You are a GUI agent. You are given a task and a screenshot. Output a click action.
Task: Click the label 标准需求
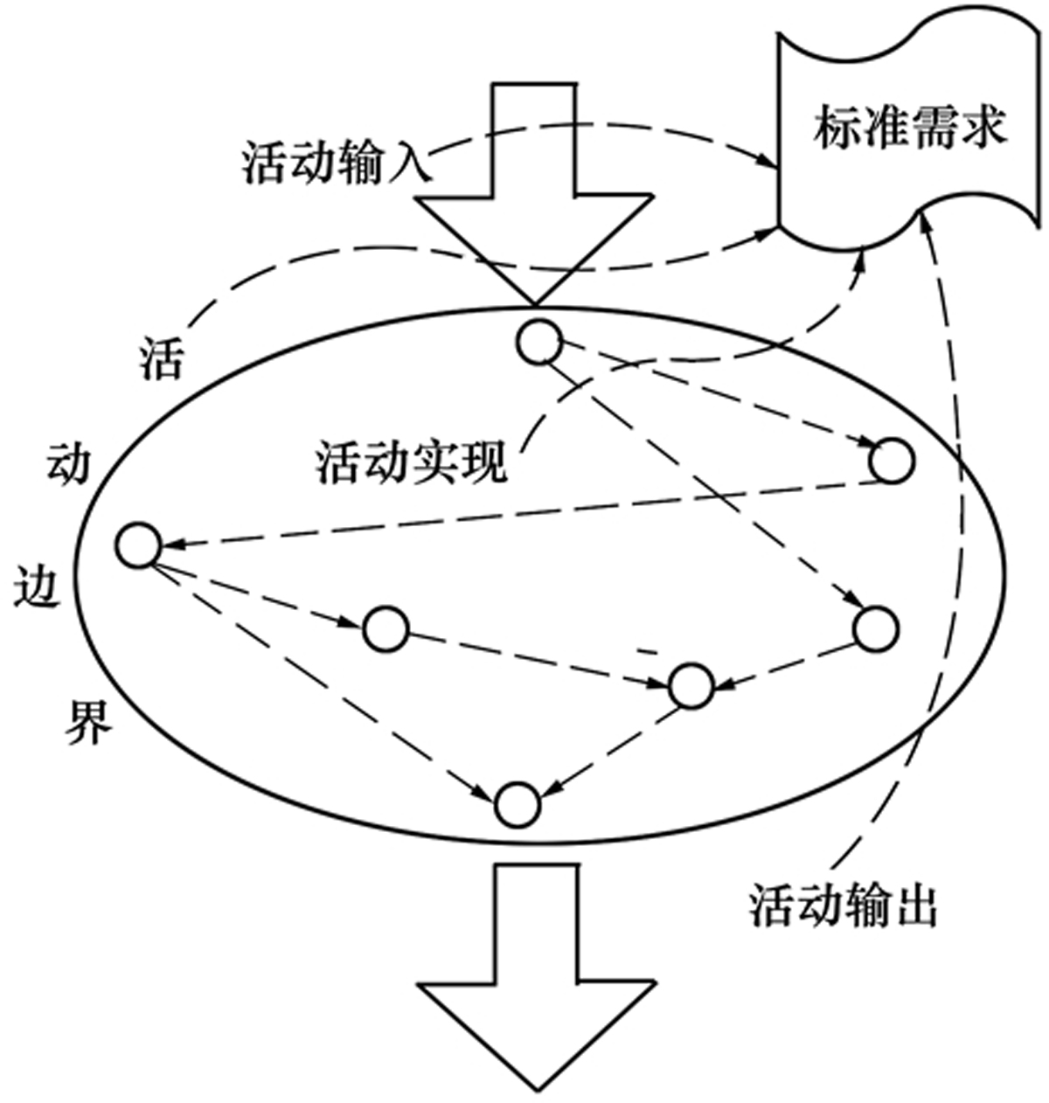(x=910, y=128)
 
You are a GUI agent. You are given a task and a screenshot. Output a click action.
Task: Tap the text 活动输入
(x=336, y=163)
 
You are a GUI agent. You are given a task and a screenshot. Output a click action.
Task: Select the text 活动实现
(x=412, y=461)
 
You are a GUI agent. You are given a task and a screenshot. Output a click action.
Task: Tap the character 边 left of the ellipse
(x=38, y=586)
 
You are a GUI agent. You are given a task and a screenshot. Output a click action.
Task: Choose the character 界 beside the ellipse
(x=87, y=721)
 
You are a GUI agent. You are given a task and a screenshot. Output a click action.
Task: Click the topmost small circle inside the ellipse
(x=538, y=341)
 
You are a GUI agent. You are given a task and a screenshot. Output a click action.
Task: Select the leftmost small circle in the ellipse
(x=139, y=545)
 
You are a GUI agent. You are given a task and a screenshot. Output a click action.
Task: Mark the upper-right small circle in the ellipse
(x=892, y=461)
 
